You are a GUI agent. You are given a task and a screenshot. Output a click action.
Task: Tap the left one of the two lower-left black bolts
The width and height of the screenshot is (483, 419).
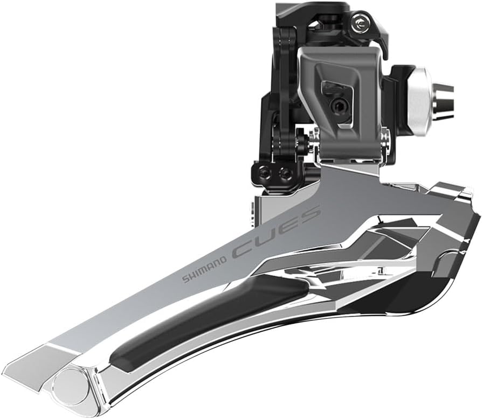tap(265, 172)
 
